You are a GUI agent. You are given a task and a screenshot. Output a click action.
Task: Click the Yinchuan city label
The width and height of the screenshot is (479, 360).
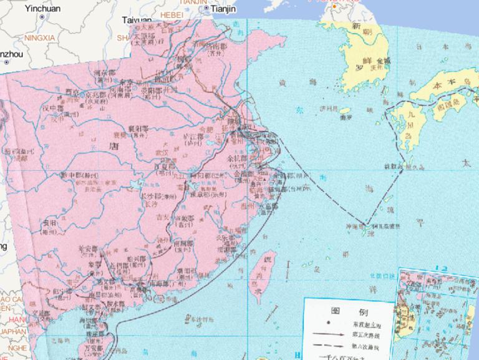[42, 8]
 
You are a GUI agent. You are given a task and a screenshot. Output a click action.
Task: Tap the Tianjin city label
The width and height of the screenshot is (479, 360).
[224, 9]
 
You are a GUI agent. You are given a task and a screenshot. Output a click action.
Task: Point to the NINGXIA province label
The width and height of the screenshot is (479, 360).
[40, 38]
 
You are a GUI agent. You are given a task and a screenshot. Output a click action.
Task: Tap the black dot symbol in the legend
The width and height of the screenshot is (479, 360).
[327, 323]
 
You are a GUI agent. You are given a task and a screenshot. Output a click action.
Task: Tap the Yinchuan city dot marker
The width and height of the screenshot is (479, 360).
[42, 17]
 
